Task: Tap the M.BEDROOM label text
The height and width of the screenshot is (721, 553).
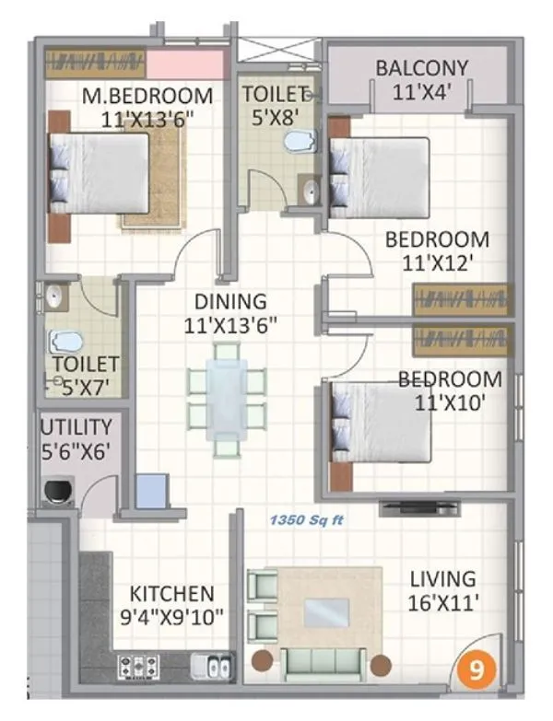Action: click(x=147, y=96)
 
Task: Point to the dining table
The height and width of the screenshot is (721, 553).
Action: click(x=226, y=396)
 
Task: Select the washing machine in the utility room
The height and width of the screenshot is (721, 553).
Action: click(x=57, y=490)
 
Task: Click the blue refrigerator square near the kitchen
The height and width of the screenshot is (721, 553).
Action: click(x=152, y=491)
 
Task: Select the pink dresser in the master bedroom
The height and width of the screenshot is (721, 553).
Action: click(x=188, y=65)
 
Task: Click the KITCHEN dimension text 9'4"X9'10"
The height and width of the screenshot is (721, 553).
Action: click(x=171, y=616)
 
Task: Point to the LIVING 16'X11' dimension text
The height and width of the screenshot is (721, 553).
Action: click(x=442, y=603)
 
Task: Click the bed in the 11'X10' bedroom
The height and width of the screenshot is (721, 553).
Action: click(x=380, y=422)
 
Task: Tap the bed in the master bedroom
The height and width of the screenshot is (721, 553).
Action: click(x=100, y=174)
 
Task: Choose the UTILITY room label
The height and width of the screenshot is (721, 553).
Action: click(x=76, y=427)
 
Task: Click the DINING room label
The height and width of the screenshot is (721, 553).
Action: click(x=230, y=301)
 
